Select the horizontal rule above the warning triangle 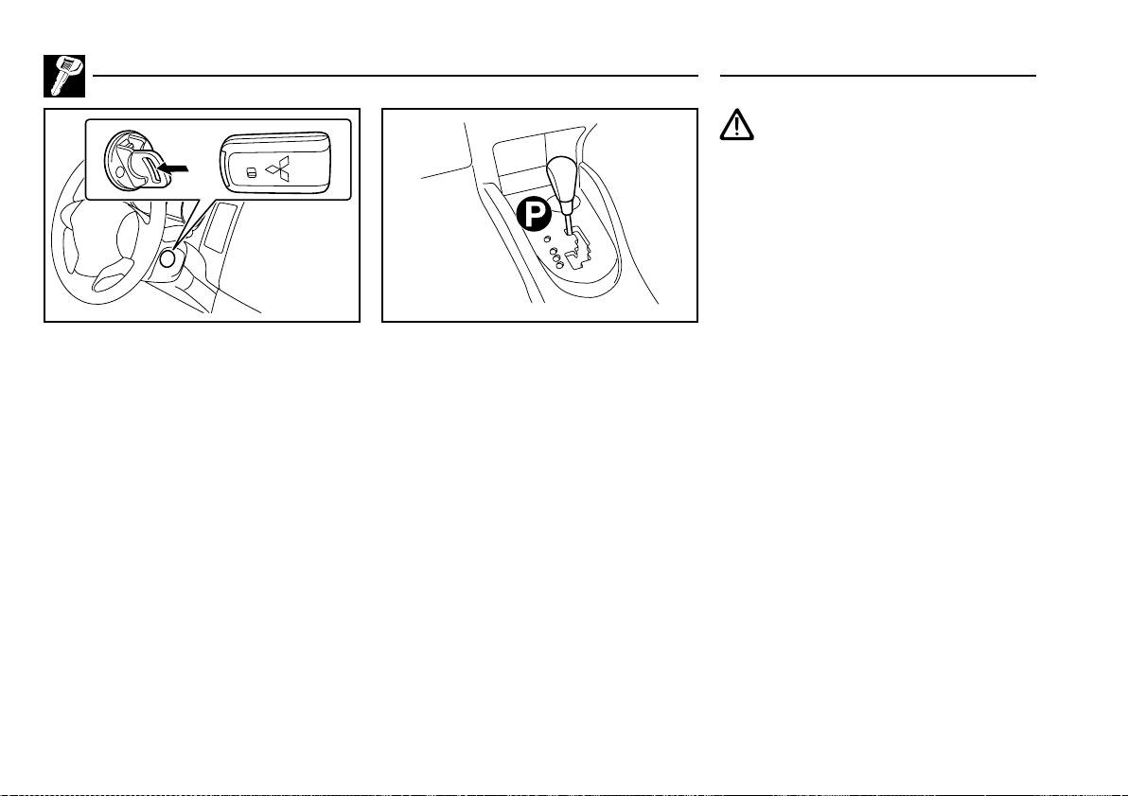(878, 75)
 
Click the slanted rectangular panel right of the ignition (217, 226)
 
